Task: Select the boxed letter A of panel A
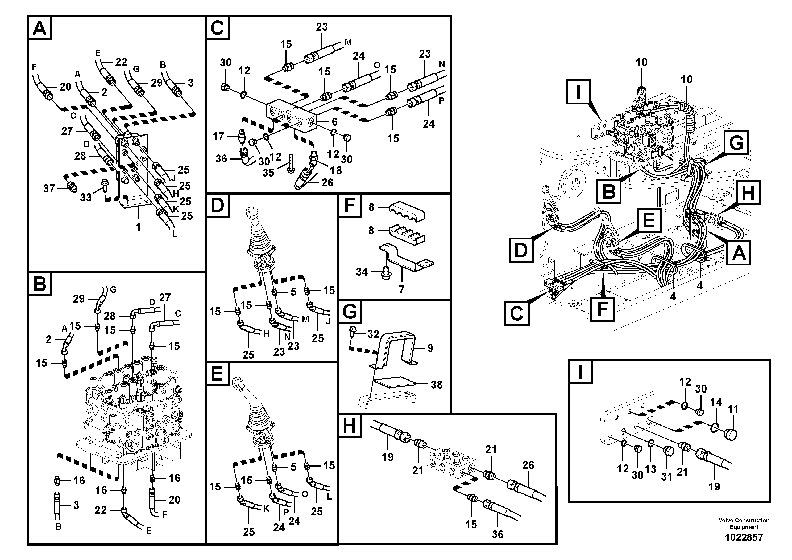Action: click(x=40, y=28)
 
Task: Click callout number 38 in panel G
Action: click(x=436, y=384)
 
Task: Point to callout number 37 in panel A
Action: click(x=49, y=189)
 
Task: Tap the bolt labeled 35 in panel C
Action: click(x=291, y=162)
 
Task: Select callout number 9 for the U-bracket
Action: click(x=430, y=348)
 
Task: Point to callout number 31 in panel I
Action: click(x=666, y=477)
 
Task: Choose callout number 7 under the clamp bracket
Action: click(x=401, y=289)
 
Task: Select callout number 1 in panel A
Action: click(x=138, y=227)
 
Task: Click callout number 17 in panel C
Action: click(x=218, y=136)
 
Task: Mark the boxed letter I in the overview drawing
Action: click(x=578, y=92)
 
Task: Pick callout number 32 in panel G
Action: click(x=373, y=334)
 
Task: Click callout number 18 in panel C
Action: click(x=336, y=170)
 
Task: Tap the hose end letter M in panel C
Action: click(x=349, y=42)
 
